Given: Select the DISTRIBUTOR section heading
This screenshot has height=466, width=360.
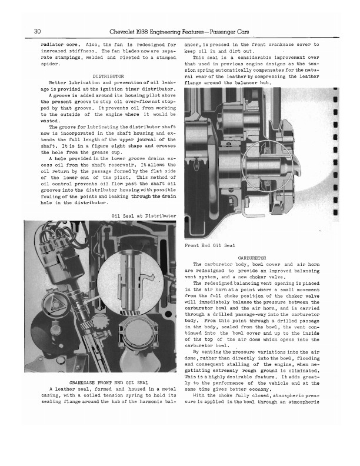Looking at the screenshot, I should coord(108,76).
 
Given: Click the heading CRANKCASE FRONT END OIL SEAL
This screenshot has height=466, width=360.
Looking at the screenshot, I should coord(108,382).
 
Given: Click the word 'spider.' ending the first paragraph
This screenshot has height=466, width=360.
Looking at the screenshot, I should coord(50,65).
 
